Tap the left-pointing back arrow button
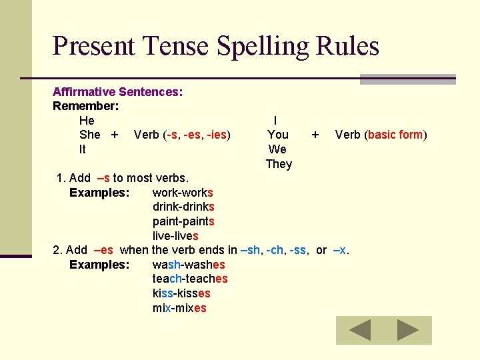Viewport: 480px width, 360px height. click(361, 330)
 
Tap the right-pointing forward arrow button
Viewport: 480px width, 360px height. click(407, 330)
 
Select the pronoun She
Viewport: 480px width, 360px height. click(89, 135)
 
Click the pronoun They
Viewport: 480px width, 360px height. click(279, 164)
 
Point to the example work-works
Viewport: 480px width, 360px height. click(183, 193)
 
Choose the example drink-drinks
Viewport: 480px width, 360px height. click(183, 207)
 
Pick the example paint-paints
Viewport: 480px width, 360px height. click(183, 221)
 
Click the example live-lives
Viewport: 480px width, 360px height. click(175, 236)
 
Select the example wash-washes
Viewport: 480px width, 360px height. click(189, 265)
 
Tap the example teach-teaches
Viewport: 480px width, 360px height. click(190, 279)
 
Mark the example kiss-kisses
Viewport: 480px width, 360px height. click(181, 293)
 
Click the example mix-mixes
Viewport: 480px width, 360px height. click(179, 308)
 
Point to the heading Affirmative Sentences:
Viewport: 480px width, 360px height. click(118, 92)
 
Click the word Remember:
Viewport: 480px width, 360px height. click(86, 106)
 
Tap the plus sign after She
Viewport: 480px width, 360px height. click(115, 135)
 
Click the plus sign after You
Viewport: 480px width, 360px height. click(315, 135)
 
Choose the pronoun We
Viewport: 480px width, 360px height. click(277, 149)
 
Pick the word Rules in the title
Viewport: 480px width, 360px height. click(349, 46)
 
